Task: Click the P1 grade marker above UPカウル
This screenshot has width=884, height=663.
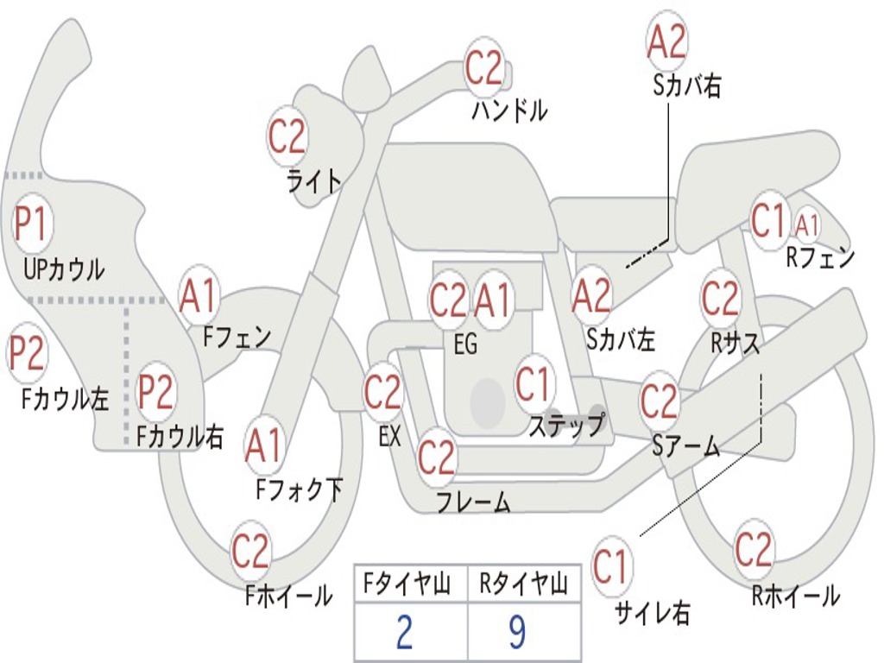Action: click(32, 224)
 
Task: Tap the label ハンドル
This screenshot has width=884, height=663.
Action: click(509, 110)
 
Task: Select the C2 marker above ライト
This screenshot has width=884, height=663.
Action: click(287, 136)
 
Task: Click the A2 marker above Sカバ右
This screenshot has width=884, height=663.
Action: click(666, 41)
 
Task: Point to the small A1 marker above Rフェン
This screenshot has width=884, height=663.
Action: click(807, 225)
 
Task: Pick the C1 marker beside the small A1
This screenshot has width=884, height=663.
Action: click(767, 221)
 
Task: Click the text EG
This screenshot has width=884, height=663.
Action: click(465, 344)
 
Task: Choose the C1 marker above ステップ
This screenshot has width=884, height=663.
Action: click(533, 383)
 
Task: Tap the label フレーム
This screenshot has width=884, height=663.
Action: click(473, 502)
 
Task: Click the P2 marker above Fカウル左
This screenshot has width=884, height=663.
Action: click(27, 355)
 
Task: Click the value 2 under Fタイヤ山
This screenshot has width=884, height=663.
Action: click(403, 633)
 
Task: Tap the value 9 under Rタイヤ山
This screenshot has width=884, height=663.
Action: click(516, 633)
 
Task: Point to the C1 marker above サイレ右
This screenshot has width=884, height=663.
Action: click(611, 567)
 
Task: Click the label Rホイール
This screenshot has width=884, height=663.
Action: click(795, 595)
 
